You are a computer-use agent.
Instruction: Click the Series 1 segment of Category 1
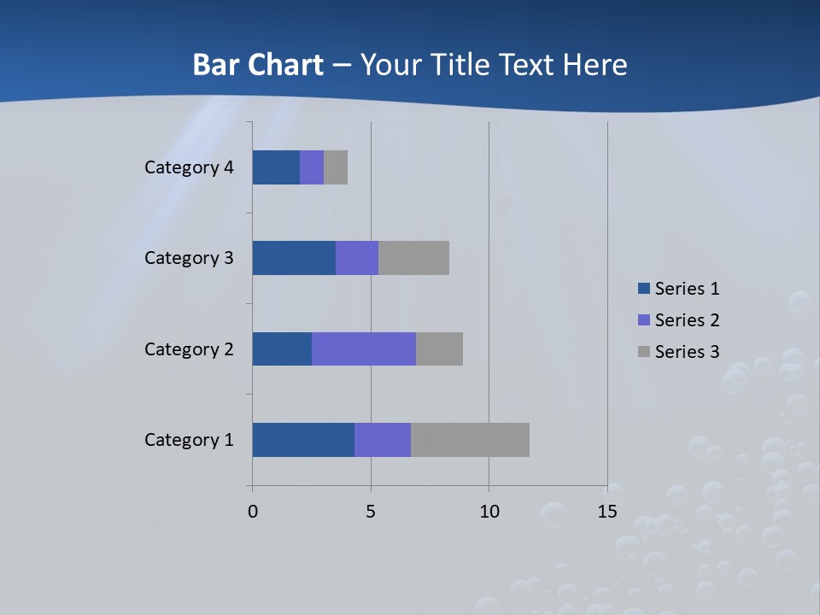tap(303, 440)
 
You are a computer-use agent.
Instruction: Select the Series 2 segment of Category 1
tap(383, 440)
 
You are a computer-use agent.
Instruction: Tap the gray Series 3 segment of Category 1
tap(470, 440)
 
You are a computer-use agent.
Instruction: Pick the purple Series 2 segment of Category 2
tap(364, 348)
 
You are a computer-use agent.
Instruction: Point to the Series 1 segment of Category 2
tap(282, 348)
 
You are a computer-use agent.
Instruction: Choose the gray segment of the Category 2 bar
tap(439, 348)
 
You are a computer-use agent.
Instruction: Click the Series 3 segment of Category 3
tap(413, 258)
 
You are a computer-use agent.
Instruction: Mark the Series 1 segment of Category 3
tap(294, 258)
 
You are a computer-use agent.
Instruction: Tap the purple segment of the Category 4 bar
tap(312, 167)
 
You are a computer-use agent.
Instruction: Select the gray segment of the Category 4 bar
tap(336, 167)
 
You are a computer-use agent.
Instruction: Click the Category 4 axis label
tap(189, 167)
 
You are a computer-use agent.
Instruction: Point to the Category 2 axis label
tap(189, 348)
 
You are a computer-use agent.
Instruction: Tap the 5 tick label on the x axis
tap(371, 512)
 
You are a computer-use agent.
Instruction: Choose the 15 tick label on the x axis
tap(606, 512)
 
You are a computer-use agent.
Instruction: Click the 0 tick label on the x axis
tap(253, 512)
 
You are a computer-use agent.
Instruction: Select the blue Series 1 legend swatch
tap(644, 289)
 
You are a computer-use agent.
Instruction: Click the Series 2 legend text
tap(687, 320)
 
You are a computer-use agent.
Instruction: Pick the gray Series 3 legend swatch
tap(644, 351)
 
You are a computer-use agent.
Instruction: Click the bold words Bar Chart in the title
tap(258, 65)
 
